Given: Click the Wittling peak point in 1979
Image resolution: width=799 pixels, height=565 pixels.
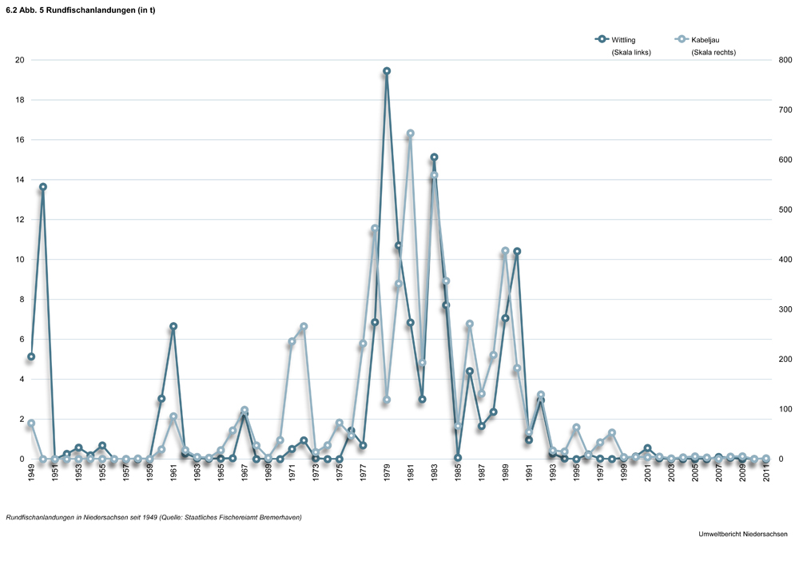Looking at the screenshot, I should [387, 71].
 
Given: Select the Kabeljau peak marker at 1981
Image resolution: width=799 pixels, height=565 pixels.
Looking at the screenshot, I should [410, 133].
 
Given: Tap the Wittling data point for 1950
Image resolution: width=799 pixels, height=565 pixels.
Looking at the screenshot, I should [43, 187].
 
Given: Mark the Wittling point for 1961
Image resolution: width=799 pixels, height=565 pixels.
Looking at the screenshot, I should [173, 326].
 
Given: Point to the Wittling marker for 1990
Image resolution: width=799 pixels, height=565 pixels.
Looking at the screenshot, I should [517, 251].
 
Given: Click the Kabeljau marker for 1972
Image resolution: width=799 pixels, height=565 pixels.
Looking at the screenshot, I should [304, 326].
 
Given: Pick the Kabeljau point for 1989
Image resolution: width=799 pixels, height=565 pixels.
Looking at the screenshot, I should [505, 251].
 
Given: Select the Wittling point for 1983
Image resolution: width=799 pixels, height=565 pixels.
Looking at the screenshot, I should [434, 157].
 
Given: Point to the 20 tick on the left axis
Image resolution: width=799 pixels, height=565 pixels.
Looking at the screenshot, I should [19, 60].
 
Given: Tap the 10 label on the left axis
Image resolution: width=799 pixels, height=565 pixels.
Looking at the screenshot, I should [19, 260].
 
